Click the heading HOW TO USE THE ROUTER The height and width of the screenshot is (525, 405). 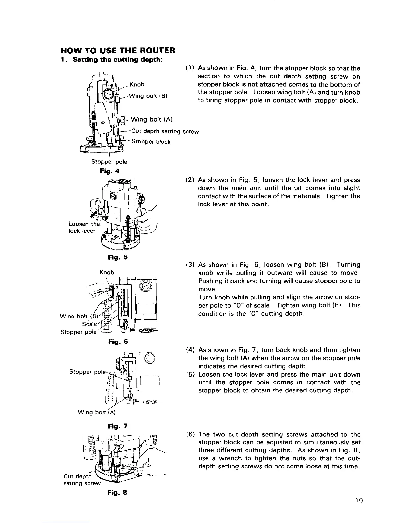tap(117, 51)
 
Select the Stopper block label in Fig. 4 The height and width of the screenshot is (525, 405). tap(151, 142)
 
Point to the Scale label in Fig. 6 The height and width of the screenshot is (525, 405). tap(90, 324)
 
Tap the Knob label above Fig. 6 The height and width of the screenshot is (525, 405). tap(107, 272)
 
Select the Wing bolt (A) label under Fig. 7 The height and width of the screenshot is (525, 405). tap(96, 413)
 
